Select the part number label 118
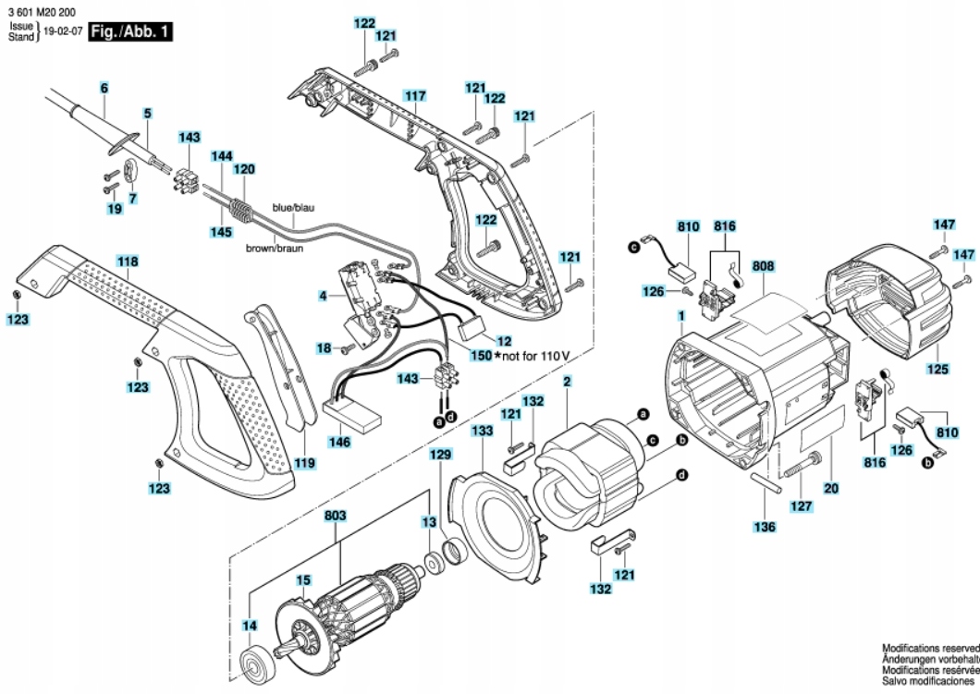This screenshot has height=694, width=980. pyautogui.click(x=128, y=262)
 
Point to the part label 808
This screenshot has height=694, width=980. pyautogui.click(x=763, y=266)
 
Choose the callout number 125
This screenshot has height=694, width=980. pyautogui.click(x=937, y=370)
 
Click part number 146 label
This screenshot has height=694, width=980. pyautogui.click(x=339, y=443)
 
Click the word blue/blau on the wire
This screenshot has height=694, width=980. pyautogui.click(x=293, y=208)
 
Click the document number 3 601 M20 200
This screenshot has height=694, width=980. pyautogui.click(x=41, y=9)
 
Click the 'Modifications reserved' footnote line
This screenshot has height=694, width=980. pyautogui.click(x=930, y=650)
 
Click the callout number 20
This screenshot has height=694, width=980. pyautogui.click(x=831, y=486)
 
